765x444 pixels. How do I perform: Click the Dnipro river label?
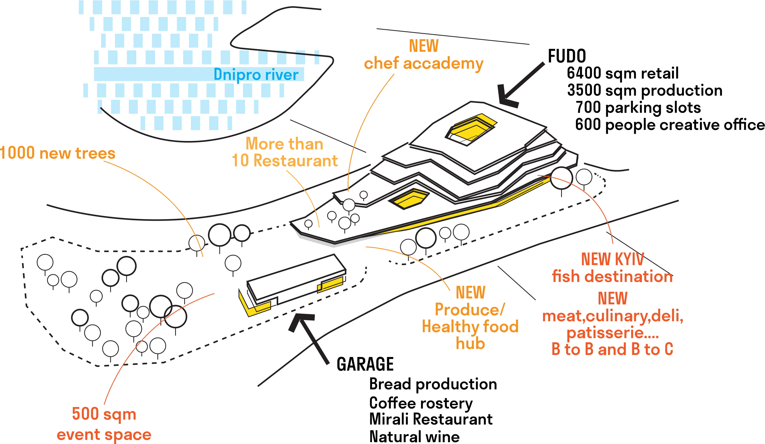(x=256, y=75)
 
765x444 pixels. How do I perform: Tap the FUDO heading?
(x=567, y=56)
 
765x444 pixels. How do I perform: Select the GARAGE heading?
(x=365, y=364)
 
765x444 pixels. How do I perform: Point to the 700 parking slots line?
(x=638, y=108)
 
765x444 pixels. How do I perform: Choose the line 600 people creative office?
(x=669, y=125)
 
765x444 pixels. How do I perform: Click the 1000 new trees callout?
(x=58, y=153)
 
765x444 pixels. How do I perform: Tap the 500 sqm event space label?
(x=104, y=424)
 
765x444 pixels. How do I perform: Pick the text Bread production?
(x=433, y=384)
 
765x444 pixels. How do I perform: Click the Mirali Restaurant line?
(x=431, y=419)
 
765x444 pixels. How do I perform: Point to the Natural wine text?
(x=414, y=437)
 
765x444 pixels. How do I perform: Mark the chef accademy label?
(x=424, y=64)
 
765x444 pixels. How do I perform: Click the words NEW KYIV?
(x=612, y=259)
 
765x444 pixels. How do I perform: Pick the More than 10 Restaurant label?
(x=284, y=152)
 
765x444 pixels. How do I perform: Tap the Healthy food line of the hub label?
(x=470, y=327)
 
